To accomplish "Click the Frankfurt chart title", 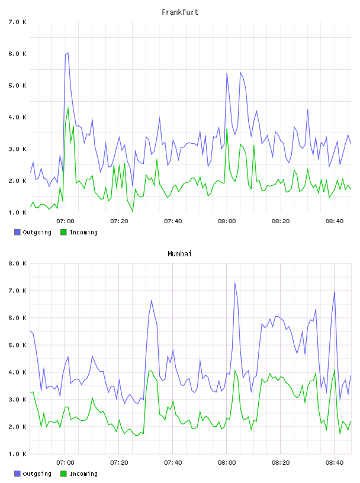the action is tap(180, 12).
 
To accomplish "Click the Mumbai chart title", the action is tap(179, 254).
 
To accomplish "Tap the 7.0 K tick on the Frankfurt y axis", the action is tap(17, 22).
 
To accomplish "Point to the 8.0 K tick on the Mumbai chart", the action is tap(17, 263).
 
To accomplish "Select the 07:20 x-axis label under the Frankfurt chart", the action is tap(119, 221).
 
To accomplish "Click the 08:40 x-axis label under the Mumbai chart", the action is tap(335, 462).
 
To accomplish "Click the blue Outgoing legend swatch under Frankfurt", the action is tap(17, 232).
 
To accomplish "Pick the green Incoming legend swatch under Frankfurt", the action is tap(63, 232).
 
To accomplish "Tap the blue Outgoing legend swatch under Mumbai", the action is tap(17, 474).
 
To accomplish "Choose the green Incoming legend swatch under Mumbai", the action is tap(63, 474).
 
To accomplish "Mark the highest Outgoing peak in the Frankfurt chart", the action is tap(68, 53).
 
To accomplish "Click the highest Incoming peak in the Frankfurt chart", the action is tap(68, 108).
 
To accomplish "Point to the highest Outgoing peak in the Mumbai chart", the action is tap(235, 282).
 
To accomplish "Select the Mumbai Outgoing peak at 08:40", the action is tap(335, 292).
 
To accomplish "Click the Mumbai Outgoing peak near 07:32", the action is tap(152, 300).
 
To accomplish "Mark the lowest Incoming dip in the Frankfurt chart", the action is tap(133, 211).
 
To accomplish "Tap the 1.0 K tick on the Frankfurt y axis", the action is tap(17, 212).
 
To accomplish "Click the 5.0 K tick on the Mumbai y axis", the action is tap(17, 345).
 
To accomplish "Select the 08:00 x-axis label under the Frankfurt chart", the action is tap(227, 221).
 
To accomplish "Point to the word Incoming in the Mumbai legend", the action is tap(83, 474).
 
